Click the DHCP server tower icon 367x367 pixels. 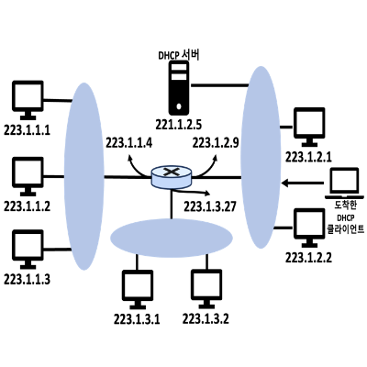point(179,88)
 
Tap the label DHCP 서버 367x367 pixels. point(179,55)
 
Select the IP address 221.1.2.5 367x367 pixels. point(179,125)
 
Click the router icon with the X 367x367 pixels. point(172,177)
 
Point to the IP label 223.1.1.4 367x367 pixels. point(128,143)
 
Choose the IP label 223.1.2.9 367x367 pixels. point(216,143)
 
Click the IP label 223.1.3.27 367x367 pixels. point(210,206)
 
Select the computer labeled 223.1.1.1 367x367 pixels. point(28,100)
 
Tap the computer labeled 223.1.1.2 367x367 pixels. point(28,176)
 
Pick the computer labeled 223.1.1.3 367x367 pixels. point(28,250)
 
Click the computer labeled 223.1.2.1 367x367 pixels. point(309,127)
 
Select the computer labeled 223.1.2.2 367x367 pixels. point(309,228)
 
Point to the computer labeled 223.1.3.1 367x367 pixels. point(138,289)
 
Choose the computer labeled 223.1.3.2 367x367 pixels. point(206,289)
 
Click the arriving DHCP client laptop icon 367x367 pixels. point(345,183)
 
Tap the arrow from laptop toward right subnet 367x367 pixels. point(303,183)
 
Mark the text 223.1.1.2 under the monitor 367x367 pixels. point(27,206)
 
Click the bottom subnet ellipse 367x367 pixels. point(172,238)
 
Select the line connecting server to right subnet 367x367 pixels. point(219,85)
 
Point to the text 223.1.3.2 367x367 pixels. point(206,319)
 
